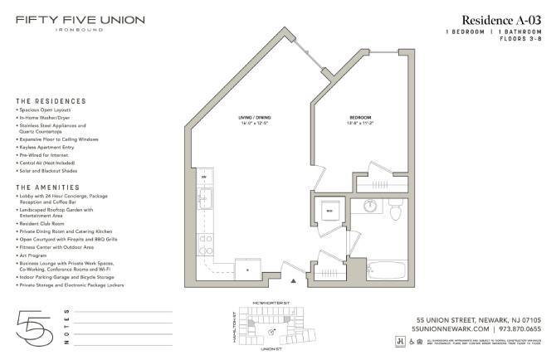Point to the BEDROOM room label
point(359,118)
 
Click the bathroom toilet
point(396,212)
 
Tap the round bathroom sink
point(371,207)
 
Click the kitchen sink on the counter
point(204,198)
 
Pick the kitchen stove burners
point(204,242)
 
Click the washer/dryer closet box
point(329,211)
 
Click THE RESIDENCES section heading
point(51,101)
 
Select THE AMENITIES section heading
point(48,187)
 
